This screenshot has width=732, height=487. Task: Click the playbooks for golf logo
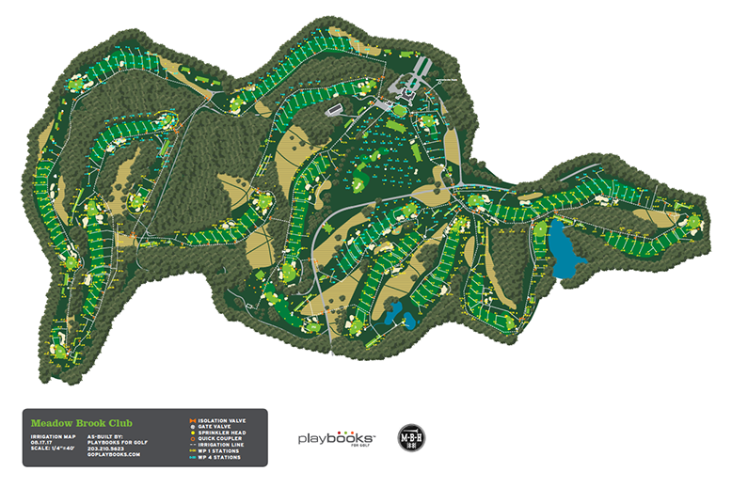(336, 439)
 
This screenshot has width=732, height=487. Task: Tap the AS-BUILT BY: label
(103, 437)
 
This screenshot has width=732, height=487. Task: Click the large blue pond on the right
(562, 249)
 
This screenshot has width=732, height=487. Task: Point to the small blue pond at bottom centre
(395, 315)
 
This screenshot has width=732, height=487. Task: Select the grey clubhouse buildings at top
(415, 74)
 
